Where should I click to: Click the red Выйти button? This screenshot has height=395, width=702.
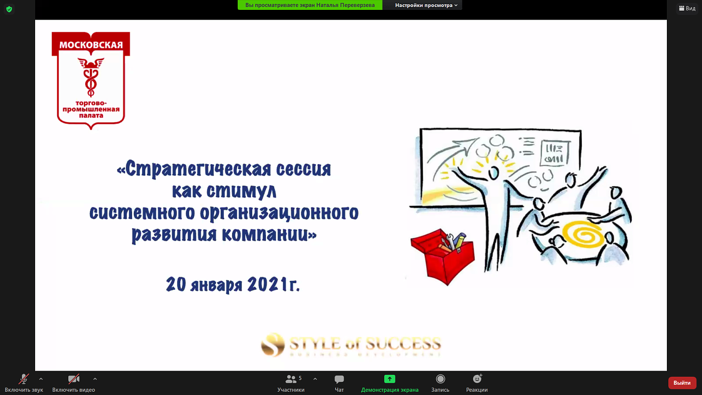[682, 383]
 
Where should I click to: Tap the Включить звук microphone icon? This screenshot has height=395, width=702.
[23, 379]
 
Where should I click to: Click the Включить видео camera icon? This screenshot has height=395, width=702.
[73, 379]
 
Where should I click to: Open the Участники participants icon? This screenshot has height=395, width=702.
[291, 379]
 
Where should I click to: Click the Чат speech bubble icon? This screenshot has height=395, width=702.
[339, 379]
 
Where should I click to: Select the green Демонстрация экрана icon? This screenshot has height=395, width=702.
[389, 379]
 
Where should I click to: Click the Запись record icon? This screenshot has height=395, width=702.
[440, 379]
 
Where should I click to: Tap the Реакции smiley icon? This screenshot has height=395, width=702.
[477, 379]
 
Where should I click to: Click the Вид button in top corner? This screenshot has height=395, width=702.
[687, 8]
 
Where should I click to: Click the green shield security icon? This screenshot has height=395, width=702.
[9, 9]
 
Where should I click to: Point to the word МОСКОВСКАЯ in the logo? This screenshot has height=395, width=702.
[91, 45]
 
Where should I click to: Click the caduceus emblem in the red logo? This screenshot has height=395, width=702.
[91, 77]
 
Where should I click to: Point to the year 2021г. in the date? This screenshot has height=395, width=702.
[273, 285]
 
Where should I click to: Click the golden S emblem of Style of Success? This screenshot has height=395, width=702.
[273, 345]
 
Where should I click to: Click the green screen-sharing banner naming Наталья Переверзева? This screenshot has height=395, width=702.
[310, 5]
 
